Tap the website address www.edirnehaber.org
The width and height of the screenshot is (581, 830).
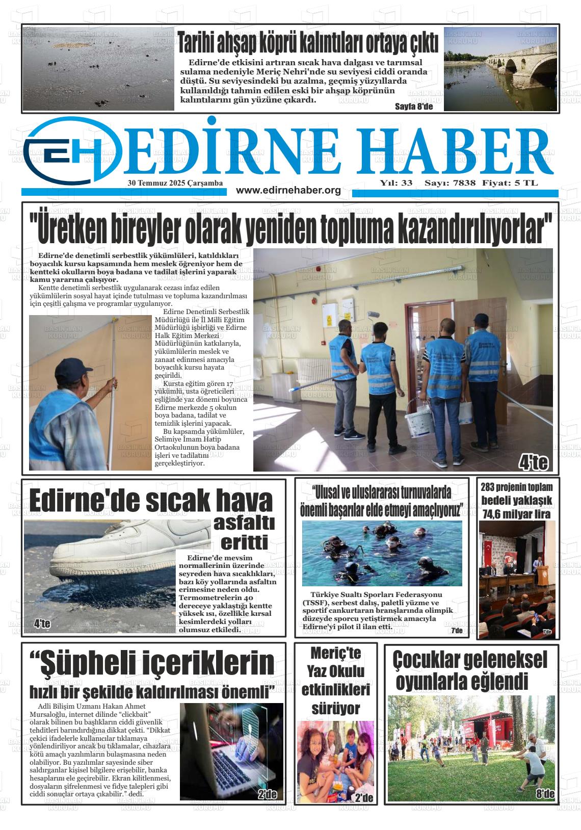288,190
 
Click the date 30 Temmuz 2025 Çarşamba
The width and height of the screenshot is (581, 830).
175,183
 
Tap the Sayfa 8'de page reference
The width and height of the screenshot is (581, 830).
413,107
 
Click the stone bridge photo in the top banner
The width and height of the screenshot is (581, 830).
500,69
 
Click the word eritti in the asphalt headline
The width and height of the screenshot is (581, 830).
244,542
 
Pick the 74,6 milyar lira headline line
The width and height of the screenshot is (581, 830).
516,514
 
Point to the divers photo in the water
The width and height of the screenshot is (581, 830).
382,553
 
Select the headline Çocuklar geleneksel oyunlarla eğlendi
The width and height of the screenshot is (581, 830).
470,670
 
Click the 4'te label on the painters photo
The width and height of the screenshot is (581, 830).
533,462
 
